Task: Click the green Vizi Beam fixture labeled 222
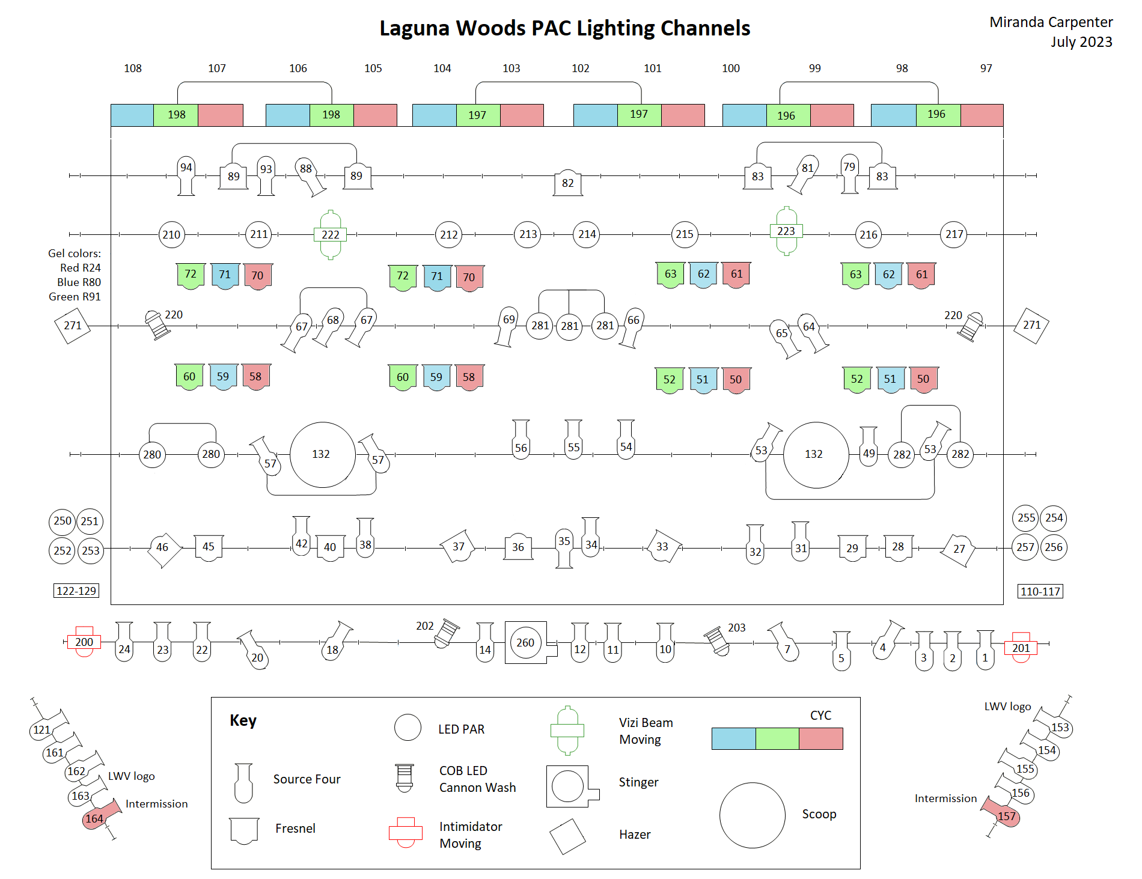(x=331, y=234)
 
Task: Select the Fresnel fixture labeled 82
(x=568, y=183)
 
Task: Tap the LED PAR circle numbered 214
(x=587, y=234)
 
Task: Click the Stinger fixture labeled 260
(x=526, y=642)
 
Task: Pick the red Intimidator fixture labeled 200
(x=84, y=642)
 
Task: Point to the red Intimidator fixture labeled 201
(x=1021, y=648)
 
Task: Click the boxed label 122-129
(x=76, y=591)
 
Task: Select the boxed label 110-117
(x=1040, y=591)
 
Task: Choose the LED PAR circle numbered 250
(x=63, y=521)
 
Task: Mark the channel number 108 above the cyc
(x=133, y=68)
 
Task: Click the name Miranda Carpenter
(x=1051, y=22)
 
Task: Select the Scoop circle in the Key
(x=752, y=815)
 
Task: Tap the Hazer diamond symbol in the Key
(x=567, y=836)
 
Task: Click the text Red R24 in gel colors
(x=80, y=268)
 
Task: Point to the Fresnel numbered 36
(x=518, y=547)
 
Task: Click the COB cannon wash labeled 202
(x=446, y=633)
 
